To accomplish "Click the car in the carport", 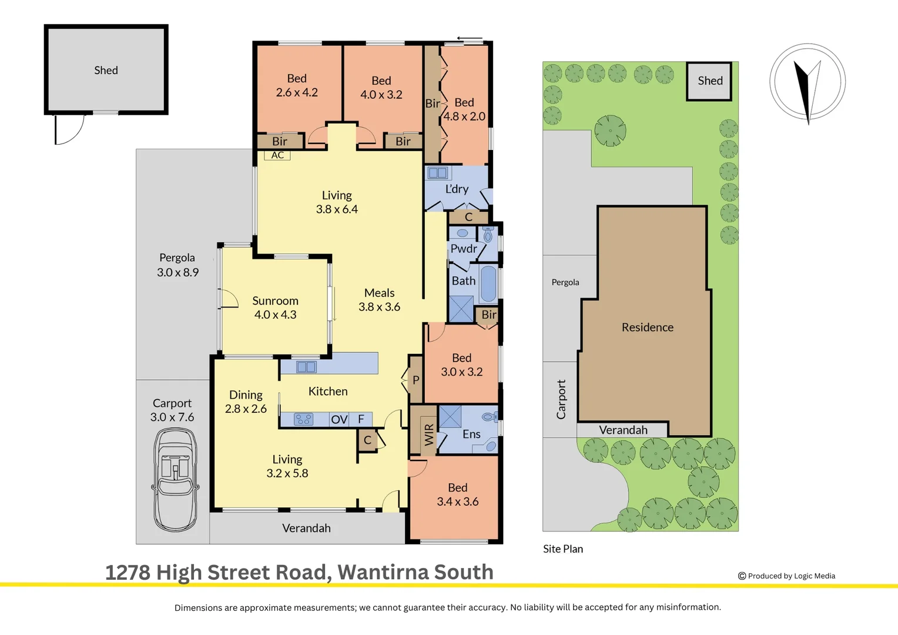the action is (x=175, y=480).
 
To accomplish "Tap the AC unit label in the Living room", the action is (x=277, y=155).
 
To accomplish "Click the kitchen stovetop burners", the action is (x=303, y=419).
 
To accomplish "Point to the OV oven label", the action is (x=339, y=420).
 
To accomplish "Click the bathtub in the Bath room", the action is (x=488, y=283).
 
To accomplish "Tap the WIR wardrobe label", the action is (x=429, y=435).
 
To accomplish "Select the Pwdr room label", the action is (x=464, y=249).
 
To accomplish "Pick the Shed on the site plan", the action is (x=709, y=81).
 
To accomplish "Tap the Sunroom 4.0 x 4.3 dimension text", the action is (x=276, y=315).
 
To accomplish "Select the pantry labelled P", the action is (x=416, y=379).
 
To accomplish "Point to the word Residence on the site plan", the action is (x=648, y=327).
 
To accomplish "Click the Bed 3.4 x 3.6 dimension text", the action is (x=457, y=502).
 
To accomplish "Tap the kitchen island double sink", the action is (x=306, y=367).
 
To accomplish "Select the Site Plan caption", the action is (x=563, y=549).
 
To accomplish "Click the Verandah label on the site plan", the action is (x=623, y=430).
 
